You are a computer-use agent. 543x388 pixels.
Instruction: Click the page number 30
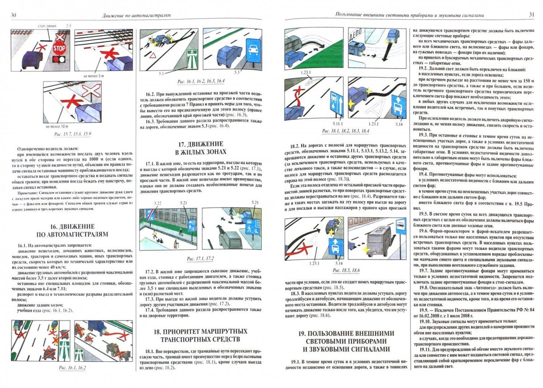[14, 16]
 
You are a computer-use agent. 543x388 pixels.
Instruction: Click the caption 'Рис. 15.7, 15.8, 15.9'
[72, 135]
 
